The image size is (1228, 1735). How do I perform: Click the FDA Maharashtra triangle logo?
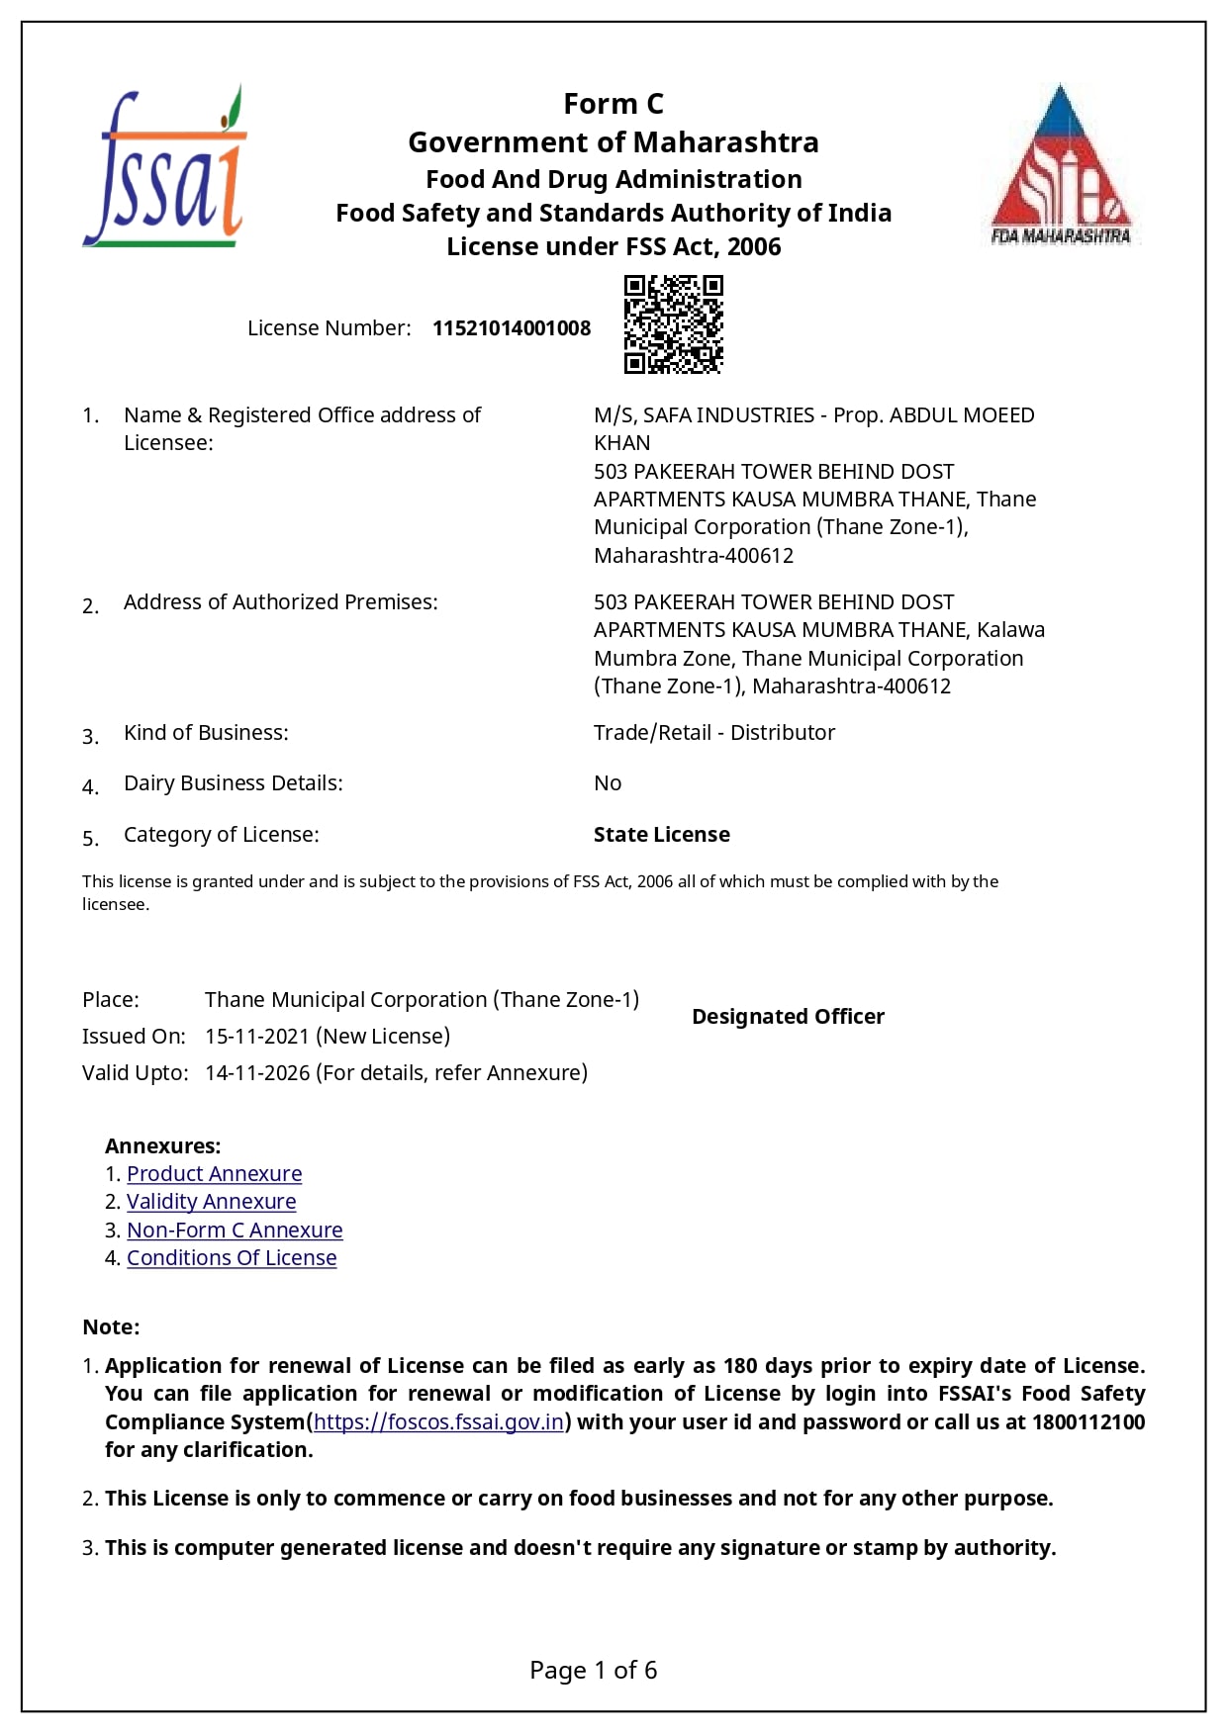pyautogui.click(x=1061, y=165)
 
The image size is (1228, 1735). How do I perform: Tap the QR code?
pyautogui.click(x=673, y=324)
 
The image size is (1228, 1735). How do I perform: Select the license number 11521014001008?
pyautogui.click(x=512, y=328)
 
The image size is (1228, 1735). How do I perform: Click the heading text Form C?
pyautogui.click(x=614, y=104)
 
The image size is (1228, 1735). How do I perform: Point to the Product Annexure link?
pyautogui.click(x=214, y=1174)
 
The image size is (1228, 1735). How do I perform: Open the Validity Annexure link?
pyautogui.click(x=211, y=1202)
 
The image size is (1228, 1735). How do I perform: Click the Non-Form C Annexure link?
pyautogui.click(x=235, y=1231)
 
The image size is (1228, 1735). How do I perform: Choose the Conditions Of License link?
pyautogui.click(x=232, y=1258)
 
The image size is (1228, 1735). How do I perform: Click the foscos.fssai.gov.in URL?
pyautogui.click(x=438, y=1422)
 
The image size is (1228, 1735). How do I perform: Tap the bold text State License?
pyautogui.click(x=661, y=835)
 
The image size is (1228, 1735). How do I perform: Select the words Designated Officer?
pyautogui.click(x=788, y=1017)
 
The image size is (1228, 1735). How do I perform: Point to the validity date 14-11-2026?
pyautogui.click(x=257, y=1073)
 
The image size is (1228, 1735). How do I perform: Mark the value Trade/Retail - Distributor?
pyautogui.click(x=713, y=733)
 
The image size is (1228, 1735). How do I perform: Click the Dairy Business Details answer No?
pyautogui.click(x=608, y=783)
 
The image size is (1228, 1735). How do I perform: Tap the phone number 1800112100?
pyautogui.click(x=1087, y=1422)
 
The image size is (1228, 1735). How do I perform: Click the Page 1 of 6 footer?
pyautogui.click(x=593, y=1671)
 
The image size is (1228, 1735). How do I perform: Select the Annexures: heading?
pyautogui.click(x=162, y=1146)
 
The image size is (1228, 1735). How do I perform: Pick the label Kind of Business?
pyautogui.click(x=206, y=733)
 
